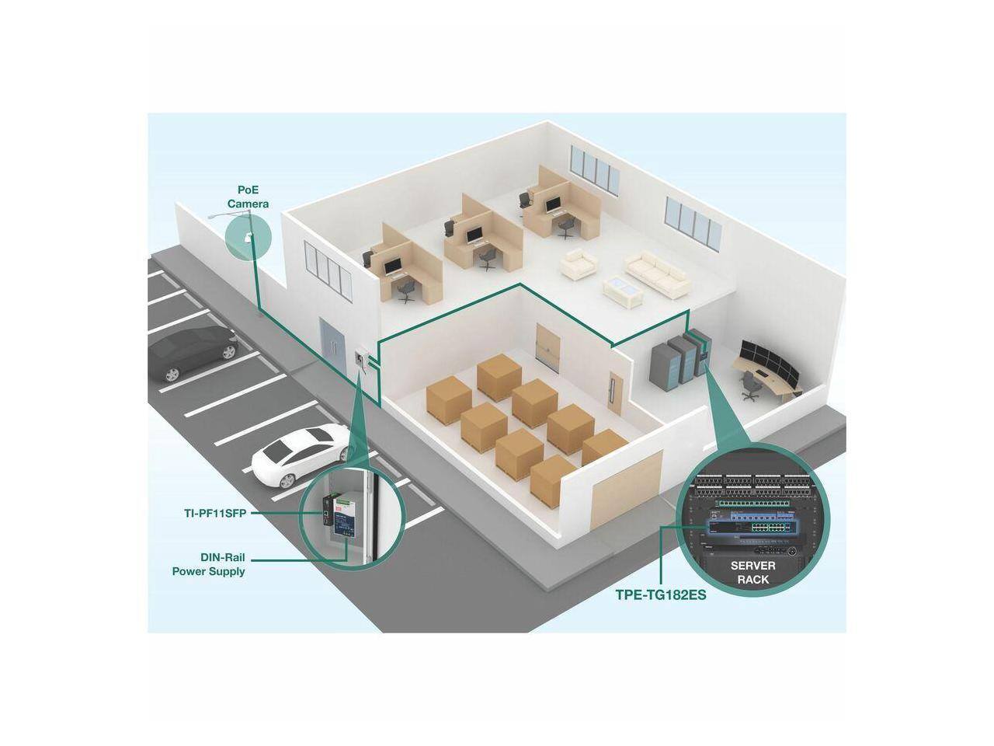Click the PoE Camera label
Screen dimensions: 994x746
pyautogui.click(x=248, y=197)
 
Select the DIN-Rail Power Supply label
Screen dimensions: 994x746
pyautogui.click(x=208, y=564)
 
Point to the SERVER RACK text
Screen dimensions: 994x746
pyautogui.click(x=752, y=573)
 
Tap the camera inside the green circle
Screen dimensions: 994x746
pyautogui.click(x=248, y=237)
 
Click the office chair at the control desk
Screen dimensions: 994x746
pyautogui.click(x=750, y=385)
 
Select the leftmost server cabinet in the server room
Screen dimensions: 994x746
pyautogui.click(x=664, y=364)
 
